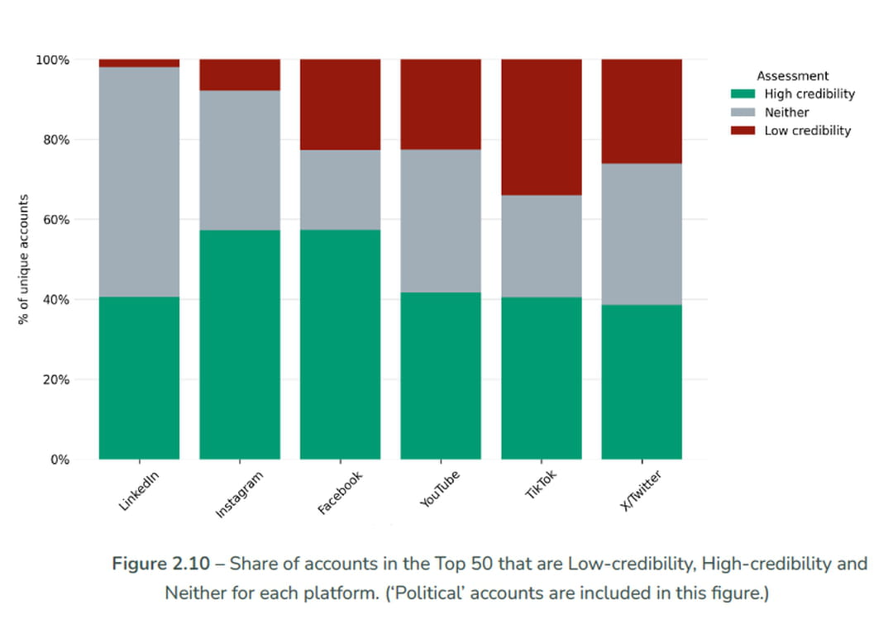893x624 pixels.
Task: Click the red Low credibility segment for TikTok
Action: [541, 126]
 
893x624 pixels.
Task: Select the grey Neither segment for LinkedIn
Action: [139, 182]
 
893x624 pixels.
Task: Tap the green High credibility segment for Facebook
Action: [340, 344]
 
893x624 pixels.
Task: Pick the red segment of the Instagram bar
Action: [240, 74]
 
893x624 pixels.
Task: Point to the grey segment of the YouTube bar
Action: [441, 221]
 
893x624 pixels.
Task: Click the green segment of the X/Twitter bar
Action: [642, 382]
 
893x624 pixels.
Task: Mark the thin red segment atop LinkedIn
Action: [139, 63]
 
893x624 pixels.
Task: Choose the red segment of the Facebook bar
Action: [340, 104]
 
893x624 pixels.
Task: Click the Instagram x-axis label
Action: [239, 494]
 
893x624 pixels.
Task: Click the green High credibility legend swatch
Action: [743, 94]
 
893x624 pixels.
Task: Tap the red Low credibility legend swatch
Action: [743, 131]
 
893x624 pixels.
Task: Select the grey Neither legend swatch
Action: [743, 112]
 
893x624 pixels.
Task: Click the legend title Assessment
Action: [792, 76]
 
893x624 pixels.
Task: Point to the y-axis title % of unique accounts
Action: [24, 260]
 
